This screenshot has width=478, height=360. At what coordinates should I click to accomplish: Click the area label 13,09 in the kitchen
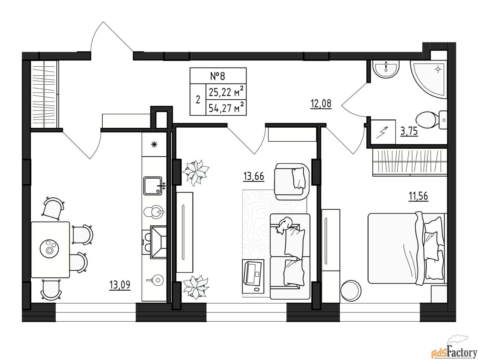pos(120,285)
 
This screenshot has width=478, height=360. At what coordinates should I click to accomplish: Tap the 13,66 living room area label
pos(254,176)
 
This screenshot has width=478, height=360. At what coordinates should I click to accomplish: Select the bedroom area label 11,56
pos(418,196)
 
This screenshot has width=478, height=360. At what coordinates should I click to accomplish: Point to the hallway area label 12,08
pos(321,104)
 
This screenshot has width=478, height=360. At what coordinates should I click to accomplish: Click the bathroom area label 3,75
pos(409,131)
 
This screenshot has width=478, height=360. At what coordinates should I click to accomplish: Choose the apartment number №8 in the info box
pos(218,76)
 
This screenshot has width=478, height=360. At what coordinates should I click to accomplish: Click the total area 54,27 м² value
pos(226,107)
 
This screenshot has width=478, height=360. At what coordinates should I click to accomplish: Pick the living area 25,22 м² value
pos(226,92)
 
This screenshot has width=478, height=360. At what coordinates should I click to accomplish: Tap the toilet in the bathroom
pos(431,120)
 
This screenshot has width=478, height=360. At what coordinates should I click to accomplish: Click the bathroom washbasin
pos(386,69)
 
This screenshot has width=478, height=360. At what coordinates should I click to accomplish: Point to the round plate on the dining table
pos(50,248)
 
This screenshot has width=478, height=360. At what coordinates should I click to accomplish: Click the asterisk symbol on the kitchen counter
pos(154,144)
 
